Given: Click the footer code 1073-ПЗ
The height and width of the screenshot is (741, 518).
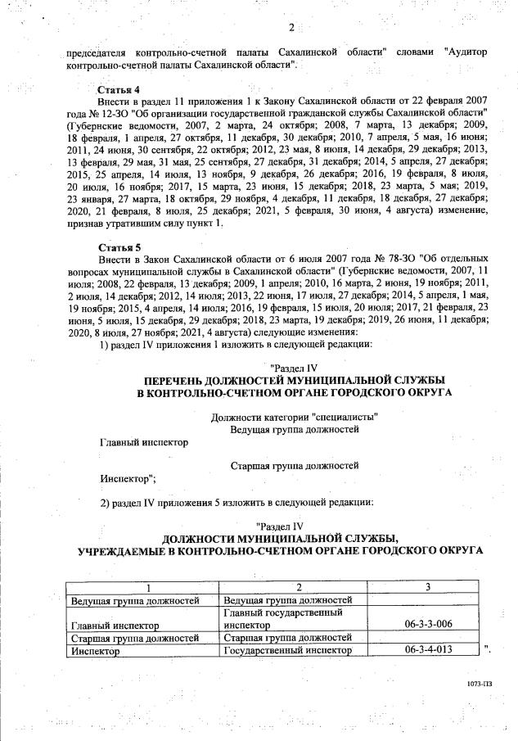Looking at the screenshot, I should coord(470,681).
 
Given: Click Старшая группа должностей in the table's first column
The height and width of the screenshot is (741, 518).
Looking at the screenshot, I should coord(133,638).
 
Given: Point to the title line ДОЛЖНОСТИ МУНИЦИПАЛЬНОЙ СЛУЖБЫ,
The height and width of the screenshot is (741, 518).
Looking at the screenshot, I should coord(280,538).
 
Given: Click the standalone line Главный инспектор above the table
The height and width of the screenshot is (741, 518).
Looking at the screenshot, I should coord(143,442).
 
